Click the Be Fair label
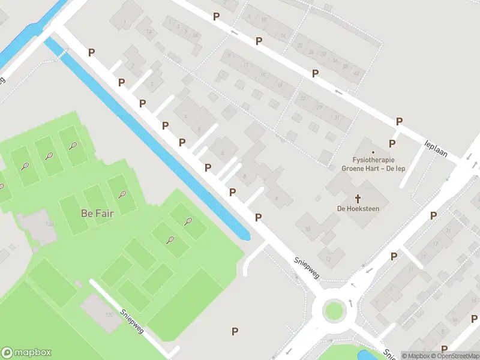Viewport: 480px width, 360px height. coord(97,213)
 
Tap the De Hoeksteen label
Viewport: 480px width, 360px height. coord(358,208)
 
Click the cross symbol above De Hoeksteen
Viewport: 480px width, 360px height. coord(358,197)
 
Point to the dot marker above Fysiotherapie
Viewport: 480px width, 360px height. coord(373,152)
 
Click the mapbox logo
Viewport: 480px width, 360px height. coord(26,353)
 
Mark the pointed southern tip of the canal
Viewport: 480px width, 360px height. coord(246,238)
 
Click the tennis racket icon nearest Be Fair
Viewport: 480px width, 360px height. coord(122,194)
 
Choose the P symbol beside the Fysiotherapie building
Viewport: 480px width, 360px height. coord(392,143)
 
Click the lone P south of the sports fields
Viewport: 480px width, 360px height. coord(235,331)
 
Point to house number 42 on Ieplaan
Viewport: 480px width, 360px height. coord(357,73)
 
